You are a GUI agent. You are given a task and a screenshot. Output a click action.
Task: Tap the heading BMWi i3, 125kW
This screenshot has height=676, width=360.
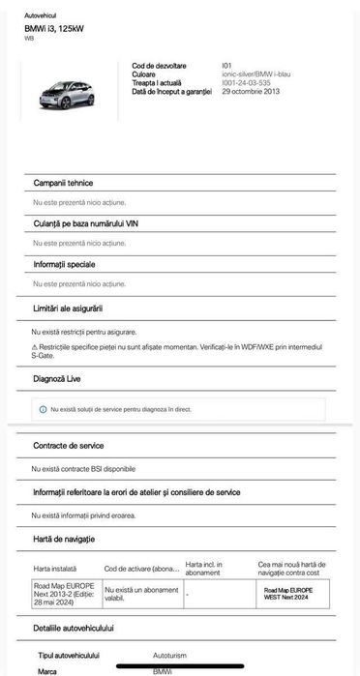tap(53, 29)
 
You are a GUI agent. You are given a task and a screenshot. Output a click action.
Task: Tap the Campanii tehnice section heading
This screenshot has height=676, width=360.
tap(63, 183)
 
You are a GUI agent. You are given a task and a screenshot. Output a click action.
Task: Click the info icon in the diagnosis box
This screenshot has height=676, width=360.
tap(43, 409)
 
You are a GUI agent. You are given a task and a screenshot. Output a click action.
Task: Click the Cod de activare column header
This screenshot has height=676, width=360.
tap(141, 569)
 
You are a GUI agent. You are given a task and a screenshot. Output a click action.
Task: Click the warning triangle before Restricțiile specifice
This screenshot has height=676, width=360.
tap(34, 345)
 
